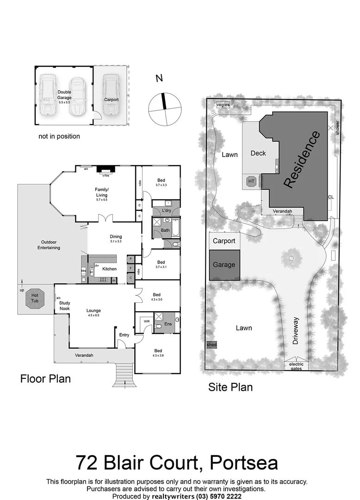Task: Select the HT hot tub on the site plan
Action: tap(252, 181)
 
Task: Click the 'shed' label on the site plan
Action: tap(211, 345)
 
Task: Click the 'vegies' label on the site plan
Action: tap(223, 105)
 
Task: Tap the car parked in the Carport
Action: tap(111, 95)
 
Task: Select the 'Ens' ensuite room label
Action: tap(168, 324)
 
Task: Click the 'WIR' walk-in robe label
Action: tap(147, 320)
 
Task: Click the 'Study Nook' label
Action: tap(65, 306)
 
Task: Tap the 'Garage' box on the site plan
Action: tap(224, 265)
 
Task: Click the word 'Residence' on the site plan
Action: tap(301, 160)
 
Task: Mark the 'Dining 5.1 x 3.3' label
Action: tap(115, 238)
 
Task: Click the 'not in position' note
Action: tap(59, 137)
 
